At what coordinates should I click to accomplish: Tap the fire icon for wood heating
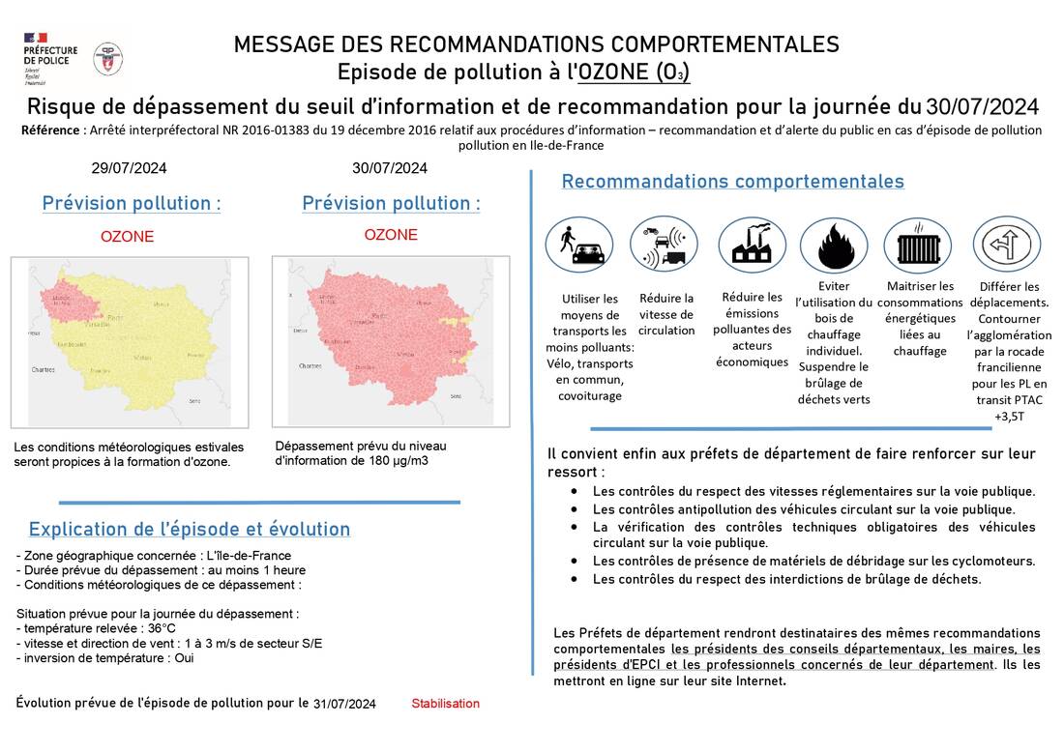click(x=834, y=245)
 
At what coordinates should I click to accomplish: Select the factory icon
click(x=752, y=245)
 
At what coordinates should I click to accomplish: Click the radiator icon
click(x=917, y=245)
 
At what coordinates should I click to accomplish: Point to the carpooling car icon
click(x=578, y=245)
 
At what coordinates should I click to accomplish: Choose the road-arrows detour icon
click(x=1006, y=245)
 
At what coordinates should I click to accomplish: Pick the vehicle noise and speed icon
click(x=664, y=245)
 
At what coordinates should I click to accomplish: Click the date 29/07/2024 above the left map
click(x=129, y=168)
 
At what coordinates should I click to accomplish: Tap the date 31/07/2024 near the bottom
click(x=344, y=704)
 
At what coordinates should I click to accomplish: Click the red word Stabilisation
click(x=445, y=704)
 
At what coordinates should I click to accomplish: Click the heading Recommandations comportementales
click(x=732, y=182)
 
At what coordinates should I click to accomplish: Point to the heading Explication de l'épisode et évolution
click(x=190, y=530)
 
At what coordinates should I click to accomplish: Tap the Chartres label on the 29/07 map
click(x=43, y=369)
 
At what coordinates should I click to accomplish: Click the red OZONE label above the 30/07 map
click(x=391, y=235)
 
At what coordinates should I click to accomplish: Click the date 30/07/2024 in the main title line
click(x=982, y=105)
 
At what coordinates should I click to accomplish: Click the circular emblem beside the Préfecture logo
click(x=107, y=58)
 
